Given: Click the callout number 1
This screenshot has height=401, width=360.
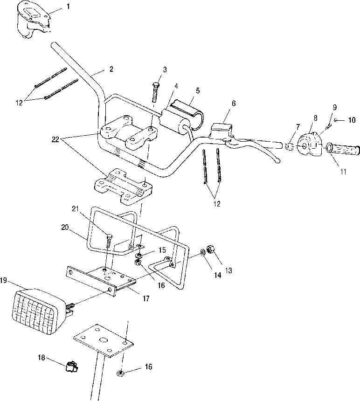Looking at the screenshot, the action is click(x=68, y=6).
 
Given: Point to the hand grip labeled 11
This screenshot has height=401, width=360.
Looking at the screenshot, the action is click(x=343, y=150).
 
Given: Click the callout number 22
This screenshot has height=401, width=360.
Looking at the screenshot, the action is click(x=55, y=139).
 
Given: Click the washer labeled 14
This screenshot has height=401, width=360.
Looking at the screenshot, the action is click(x=202, y=253).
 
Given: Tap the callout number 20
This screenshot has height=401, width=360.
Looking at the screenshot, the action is click(x=65, y=227).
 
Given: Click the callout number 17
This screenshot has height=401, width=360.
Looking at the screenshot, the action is click(x=146, y=298).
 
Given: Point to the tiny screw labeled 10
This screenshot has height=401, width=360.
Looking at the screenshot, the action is click(x=335, y=120).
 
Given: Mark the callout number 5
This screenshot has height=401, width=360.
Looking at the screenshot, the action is click(x=198, y=90).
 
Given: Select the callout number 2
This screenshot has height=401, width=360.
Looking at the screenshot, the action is click(x=111, y=69).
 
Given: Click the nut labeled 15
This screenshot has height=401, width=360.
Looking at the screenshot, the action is click(x=139, y=255).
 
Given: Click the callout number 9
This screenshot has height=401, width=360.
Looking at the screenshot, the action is click(x=335, y=107).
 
